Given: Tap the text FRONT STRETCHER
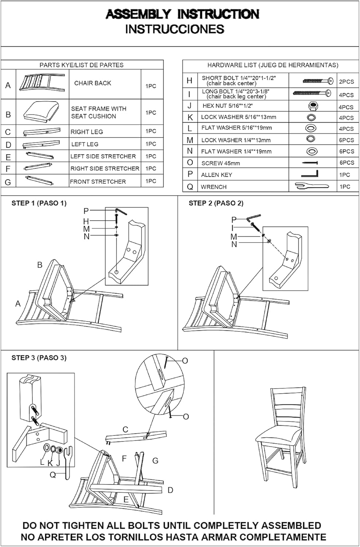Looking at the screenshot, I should [98, 182].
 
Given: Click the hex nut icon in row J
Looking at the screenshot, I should [312, 106].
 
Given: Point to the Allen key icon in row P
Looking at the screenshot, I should [312, 174].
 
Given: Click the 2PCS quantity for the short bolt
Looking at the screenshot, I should [346, 82].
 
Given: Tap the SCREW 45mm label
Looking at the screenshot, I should [221, 163].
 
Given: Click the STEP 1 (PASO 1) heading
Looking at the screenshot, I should [39, 203].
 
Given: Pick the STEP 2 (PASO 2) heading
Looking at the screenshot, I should [216, 203].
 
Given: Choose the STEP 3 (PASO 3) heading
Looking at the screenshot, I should [39, 358].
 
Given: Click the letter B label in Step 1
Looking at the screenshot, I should [40, 265].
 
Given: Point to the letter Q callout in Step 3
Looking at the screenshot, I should [53, 475].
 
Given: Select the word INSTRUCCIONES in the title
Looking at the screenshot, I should [175, 29].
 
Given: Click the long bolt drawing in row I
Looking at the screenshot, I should [312, 93].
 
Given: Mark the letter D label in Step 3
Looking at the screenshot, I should [170, 490].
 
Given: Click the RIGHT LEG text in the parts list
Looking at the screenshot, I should [87, 132].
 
